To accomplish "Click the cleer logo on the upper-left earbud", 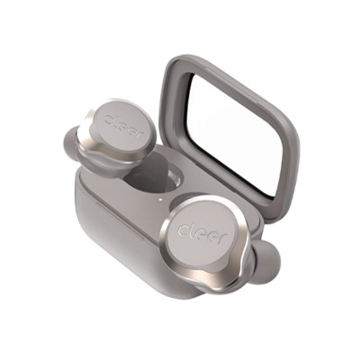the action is pyautogui.click(x=122, y=125).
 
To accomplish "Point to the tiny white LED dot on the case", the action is pyautogui.click(x=161, y=199).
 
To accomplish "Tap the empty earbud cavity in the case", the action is pyautogui.click(x=150, y=177).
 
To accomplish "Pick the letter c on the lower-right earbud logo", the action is pyautogui.click(x=183, y=230).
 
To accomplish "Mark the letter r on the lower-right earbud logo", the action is pyautogui.click(x=223, y=237).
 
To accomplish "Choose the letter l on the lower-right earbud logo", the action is pyautogui.click(x=190, y=229).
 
